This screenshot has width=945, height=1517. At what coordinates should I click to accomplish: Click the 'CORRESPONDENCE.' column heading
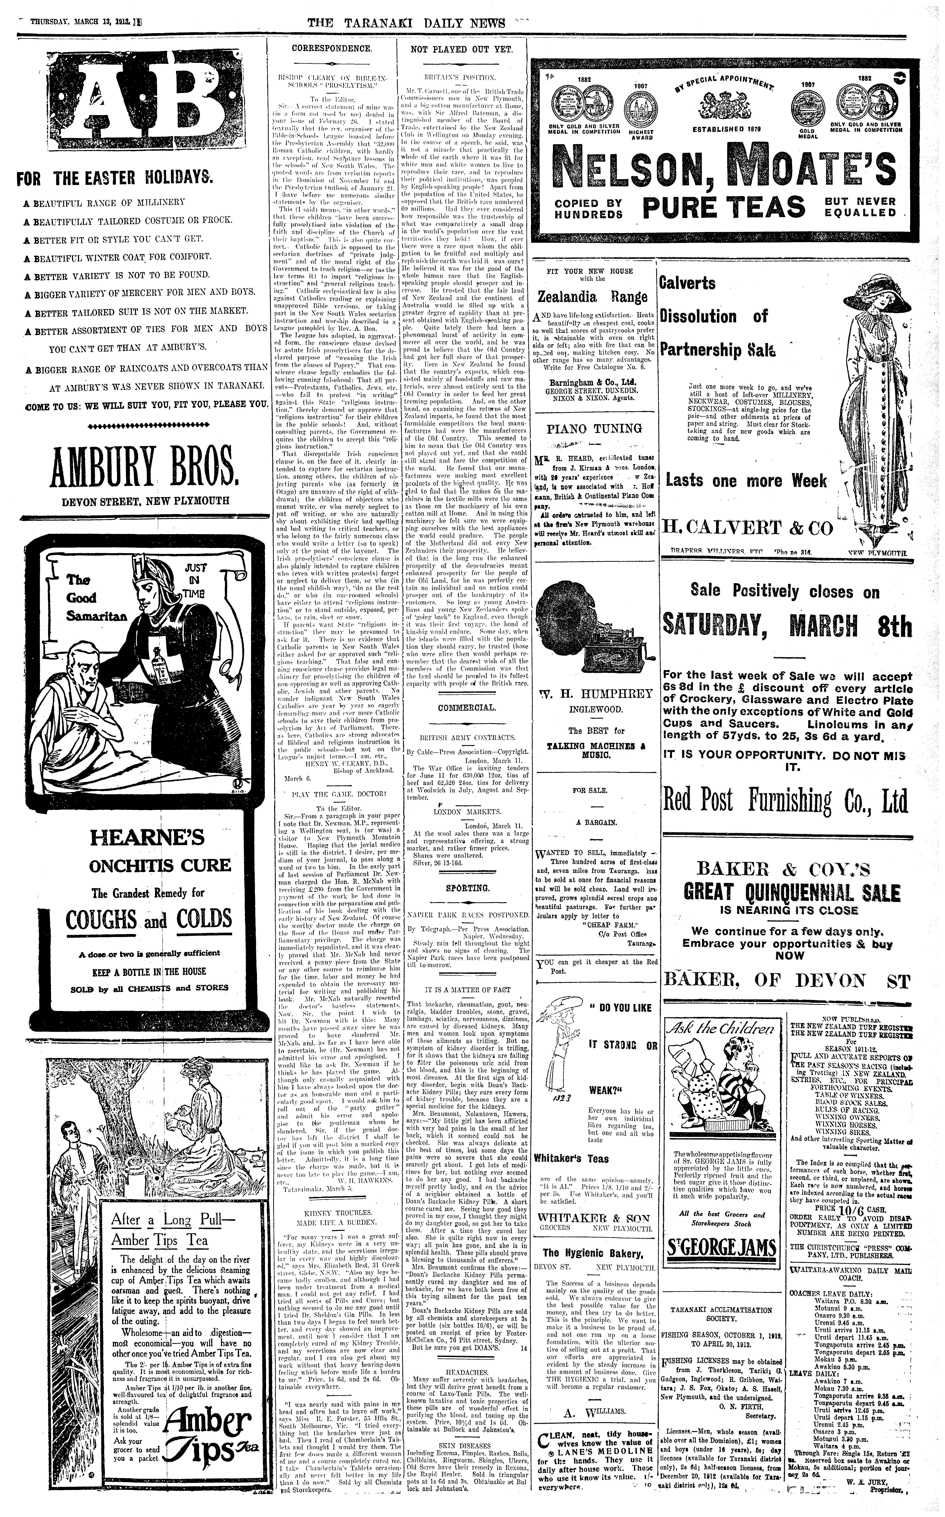tap(332, 48)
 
